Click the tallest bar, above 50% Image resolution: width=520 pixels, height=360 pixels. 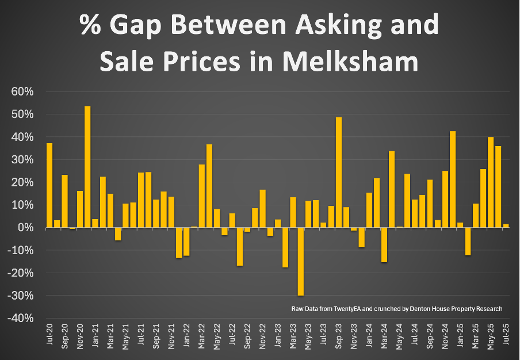click(87, 167)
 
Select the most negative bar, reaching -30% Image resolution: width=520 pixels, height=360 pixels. click(300, 262)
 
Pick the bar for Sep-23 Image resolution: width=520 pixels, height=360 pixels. click(339, 173)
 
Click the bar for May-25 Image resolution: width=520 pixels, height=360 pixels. click(491, 182)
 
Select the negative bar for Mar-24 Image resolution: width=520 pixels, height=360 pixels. click(384, 245)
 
